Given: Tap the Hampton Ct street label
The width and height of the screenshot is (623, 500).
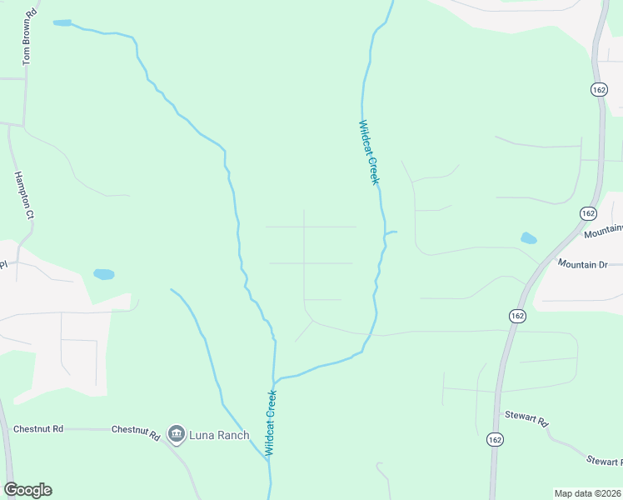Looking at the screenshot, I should pos(23,195).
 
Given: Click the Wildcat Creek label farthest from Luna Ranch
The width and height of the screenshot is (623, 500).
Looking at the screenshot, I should pos(369,152).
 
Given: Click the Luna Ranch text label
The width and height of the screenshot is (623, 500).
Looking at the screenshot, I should pos(220,434).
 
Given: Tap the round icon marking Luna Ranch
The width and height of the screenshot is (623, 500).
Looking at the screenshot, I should pos(176,433).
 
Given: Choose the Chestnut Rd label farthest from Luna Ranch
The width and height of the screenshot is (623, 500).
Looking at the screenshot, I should pos(38,429).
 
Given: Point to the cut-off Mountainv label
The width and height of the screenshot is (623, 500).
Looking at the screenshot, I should pos(603,232).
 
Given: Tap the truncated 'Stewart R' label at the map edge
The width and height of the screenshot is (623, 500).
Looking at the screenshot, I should pos(604,460).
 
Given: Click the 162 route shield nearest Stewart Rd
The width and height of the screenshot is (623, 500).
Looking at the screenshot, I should pos(496,439).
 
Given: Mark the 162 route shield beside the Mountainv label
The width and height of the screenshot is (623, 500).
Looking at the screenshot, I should pos(589,213).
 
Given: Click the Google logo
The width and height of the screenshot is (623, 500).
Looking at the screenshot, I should pos(27,490).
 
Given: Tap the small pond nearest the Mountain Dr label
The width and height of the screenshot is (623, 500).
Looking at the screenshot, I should pos(529,238).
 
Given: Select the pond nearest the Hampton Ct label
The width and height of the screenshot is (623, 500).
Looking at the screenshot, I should pos(103,273).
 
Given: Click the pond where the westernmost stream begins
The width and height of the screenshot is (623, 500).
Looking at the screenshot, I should pos(62,22).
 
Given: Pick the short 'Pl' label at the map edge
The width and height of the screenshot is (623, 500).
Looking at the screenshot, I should pos(3,265).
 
